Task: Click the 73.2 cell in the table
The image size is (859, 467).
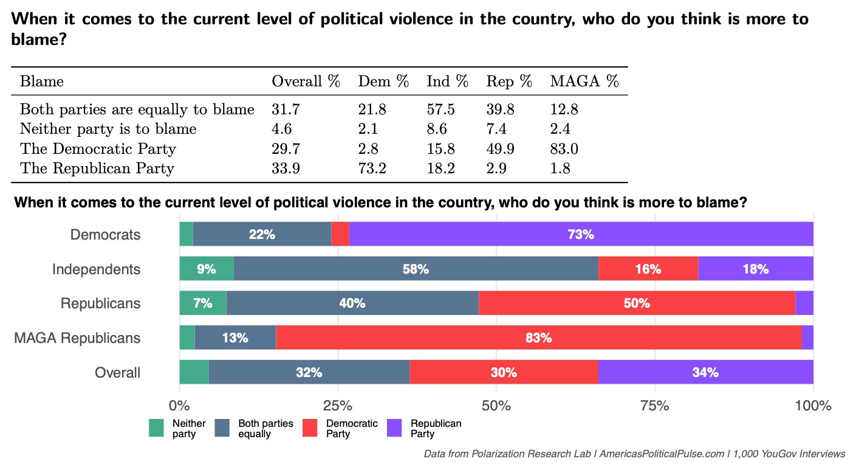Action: coord(372,168)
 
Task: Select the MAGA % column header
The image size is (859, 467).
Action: coord(584,81)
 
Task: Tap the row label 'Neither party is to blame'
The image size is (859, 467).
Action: coord(108,129)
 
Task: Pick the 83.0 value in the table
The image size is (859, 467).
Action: coord(563,149)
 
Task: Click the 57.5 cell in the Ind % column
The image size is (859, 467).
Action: coord(440,110)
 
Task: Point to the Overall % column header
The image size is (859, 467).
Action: coord(306,81)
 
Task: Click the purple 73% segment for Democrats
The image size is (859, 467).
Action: coord(581,234)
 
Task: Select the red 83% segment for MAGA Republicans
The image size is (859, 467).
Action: coord(538,338)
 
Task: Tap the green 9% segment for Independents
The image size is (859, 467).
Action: coord(206,269)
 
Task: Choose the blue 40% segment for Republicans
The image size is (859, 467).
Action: coord(352,303)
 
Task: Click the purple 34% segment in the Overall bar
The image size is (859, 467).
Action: coord(705,373)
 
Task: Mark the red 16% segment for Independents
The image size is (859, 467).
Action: coord(648,269)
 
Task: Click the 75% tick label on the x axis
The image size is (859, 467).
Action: coord(655,406)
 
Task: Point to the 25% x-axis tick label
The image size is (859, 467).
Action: coord(338,406)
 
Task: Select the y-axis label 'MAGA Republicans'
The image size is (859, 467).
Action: coord(77,338)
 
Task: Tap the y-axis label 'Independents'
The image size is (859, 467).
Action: coord(96,269)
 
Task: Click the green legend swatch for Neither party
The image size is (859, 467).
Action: coord(157,428)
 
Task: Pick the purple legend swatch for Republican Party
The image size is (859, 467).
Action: coord(395,428)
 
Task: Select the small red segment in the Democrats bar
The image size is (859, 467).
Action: coord(340,234)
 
